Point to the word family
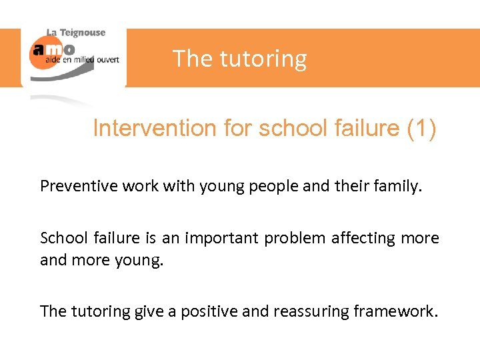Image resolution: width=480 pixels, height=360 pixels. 399,186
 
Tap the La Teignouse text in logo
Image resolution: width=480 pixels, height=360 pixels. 75,33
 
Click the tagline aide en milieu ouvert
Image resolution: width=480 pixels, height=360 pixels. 82,59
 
